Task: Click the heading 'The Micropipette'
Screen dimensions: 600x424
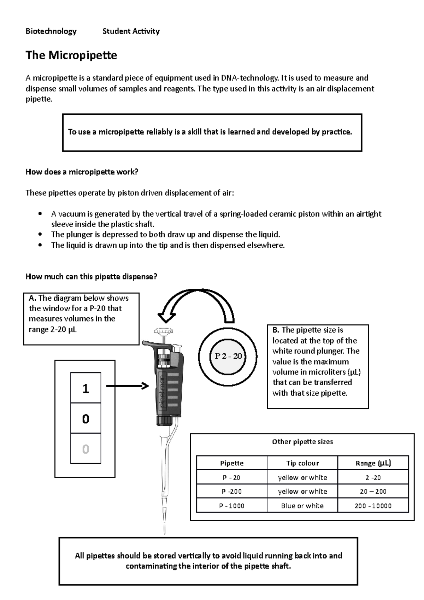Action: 71,55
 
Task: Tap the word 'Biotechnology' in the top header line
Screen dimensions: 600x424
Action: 51,31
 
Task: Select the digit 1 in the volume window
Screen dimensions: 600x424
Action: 86,389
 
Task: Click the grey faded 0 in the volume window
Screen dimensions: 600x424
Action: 86,449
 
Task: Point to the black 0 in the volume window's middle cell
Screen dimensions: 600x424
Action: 86,419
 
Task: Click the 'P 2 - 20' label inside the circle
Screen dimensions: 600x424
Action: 228,356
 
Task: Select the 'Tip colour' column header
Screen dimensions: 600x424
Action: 302,463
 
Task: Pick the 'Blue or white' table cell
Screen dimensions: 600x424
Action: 302,506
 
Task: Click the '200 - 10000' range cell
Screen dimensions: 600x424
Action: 373,506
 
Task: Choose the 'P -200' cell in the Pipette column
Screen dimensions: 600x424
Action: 231,492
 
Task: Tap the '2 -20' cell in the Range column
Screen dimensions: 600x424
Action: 373,478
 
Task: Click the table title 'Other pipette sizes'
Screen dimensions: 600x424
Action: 302,442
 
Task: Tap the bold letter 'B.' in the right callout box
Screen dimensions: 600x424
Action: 276,330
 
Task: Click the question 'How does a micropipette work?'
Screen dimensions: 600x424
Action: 82,172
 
